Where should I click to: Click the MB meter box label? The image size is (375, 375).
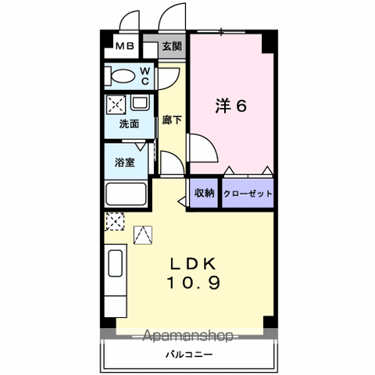coord(125,46)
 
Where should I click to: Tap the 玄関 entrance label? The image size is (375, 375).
coord(172,46)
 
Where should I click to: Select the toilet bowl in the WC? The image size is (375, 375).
coord(123,76)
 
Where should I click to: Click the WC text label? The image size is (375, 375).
coord(145,76)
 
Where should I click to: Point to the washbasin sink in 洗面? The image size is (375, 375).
coord(140,102)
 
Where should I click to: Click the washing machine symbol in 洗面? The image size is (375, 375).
coord(116,105)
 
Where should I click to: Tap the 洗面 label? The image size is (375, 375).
coord(129,124)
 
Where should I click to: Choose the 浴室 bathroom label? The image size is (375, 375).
coord(125,162)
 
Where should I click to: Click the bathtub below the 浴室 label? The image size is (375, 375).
coord(126,194)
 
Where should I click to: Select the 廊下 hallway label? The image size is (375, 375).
coord(172,120)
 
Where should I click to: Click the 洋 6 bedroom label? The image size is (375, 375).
coord(230,105)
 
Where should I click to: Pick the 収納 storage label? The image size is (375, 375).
coord(205,193)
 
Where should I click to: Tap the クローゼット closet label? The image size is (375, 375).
coord(248,194)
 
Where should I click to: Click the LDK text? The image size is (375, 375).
coord(193,264)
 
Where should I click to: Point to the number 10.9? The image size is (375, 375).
coord(194,283)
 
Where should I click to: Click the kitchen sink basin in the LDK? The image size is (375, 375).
coord(116,263)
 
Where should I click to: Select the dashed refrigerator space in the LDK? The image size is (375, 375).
coord(115,221)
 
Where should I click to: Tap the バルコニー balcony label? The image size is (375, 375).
coord(189,355)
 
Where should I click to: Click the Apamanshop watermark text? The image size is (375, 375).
coord(188,335)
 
